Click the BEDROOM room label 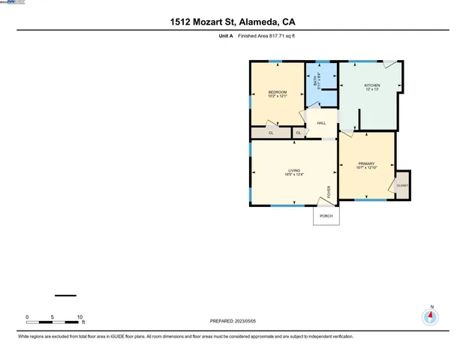278,92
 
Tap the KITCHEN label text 372,85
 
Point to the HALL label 321,123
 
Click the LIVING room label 293,170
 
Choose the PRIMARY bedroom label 366,163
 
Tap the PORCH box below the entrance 326,216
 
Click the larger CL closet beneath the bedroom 271,133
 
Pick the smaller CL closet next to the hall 298,133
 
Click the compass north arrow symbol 431,316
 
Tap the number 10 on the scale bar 79,317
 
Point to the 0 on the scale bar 27,317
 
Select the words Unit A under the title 218,36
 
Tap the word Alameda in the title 255,22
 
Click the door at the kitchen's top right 390,64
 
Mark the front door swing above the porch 326,199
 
